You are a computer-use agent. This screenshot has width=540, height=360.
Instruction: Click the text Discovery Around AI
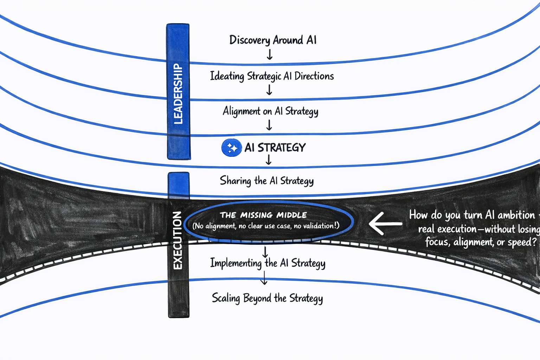pyautogui.click(x=273, y=40)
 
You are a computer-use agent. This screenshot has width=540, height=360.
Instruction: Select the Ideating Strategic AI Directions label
pyautogui.click(x=272, y=76)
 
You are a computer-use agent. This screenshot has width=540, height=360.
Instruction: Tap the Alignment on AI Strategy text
pyautogui.click(x=270, y=111)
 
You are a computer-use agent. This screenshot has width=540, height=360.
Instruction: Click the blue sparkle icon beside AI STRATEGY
pyautogui.click(x=231, y=148)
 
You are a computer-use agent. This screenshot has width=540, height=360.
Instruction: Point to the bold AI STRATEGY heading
pyautogui.click(x=275, y=148)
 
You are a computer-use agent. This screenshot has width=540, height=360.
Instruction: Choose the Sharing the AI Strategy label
pyautogui.click(x=266, y=181)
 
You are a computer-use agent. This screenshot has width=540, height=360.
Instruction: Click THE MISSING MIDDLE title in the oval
pyautogui.click(x=263, y=215)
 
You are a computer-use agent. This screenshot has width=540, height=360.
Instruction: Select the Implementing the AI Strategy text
pyautogui.click(x=268, y=263)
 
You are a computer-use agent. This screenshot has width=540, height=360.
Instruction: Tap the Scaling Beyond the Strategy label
pyautogui.click(x=267, y=298)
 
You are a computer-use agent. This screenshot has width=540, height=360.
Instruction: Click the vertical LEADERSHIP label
pyautogui.click(x=178, y=94)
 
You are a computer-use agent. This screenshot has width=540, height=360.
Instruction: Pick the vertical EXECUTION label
pyautogui.click(x=178, y=240)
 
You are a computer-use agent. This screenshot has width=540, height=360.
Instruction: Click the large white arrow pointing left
pyautogui.click(x=385, y=224)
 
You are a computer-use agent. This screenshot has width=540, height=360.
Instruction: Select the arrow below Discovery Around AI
pyautogui.click(x=270, y=55)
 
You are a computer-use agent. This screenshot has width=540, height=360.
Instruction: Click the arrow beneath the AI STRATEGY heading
pyautogui.click(x=269, y=160)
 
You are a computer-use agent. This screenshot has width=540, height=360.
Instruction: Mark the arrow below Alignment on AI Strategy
pyautogui.click(x=269, y=125)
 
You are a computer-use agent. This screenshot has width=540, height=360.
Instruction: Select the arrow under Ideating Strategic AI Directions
pyautogui.click(x=269, y=90)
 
